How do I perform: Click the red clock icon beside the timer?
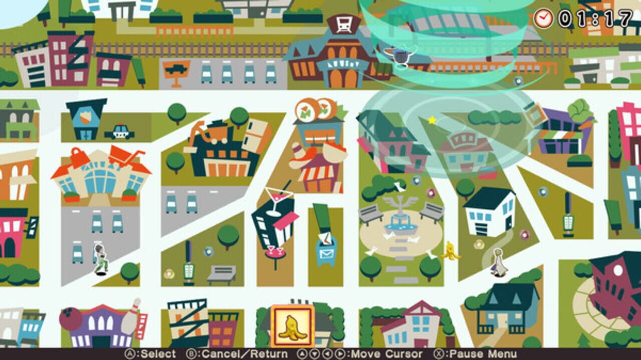(543, 18)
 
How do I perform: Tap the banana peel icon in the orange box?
(292, 326)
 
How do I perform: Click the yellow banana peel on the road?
(450, 251)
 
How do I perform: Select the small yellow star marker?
(432, 120)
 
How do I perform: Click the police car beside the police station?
(120, 132)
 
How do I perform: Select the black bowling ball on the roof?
(70, 318)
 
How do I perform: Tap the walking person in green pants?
(101, 259)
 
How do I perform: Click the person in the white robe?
(499, 262)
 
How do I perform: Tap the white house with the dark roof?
(490, 212)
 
